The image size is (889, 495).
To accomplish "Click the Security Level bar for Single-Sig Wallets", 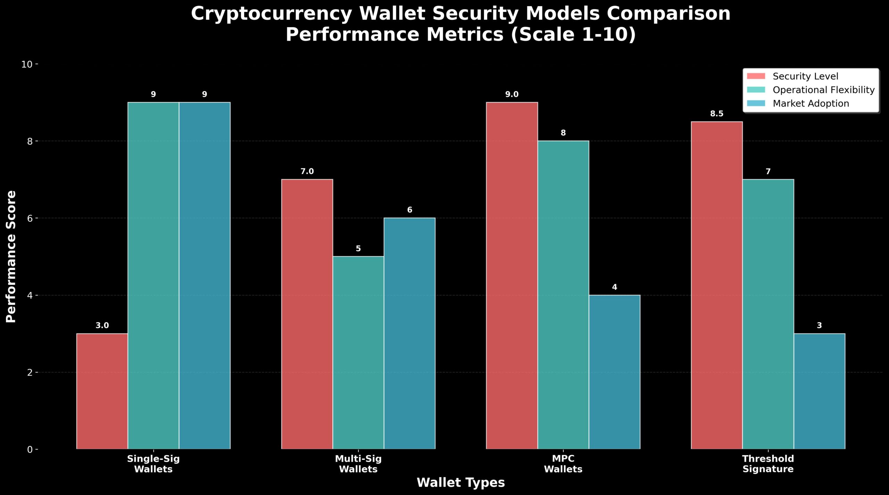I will (x=102, y=391).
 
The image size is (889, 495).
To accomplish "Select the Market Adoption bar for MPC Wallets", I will (x=614, y=372).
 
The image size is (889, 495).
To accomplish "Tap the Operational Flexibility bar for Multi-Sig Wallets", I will (x=358, y=352).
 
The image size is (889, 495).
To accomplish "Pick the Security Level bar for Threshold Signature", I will (x=717, y=285).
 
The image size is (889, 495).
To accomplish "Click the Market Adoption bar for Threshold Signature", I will (x=819, y=391).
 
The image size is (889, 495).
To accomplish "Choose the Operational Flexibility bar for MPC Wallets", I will (x=563, y=295).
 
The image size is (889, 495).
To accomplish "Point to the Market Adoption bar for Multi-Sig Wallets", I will (x=409, y=333).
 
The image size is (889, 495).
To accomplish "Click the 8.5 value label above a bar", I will (x=717, y=114).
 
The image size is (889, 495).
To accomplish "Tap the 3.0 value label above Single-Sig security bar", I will (x=102, y=326).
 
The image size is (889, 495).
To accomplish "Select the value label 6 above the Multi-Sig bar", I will (x=409, y=210).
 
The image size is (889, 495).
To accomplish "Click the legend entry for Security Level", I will (x=805, y=76).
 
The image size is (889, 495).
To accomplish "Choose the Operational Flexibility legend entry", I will (x=823, y=90).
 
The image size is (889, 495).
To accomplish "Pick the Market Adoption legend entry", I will (x=811, y=103).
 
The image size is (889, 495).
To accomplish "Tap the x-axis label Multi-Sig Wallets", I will (x=358, y=464).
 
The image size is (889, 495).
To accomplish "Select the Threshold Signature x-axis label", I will (x=768, y=464).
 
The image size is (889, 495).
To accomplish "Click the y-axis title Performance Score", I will (x=11, y=257).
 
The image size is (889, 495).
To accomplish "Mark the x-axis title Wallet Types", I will (x=460, y=483).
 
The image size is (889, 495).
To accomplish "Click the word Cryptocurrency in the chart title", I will (x=271, y=14).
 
